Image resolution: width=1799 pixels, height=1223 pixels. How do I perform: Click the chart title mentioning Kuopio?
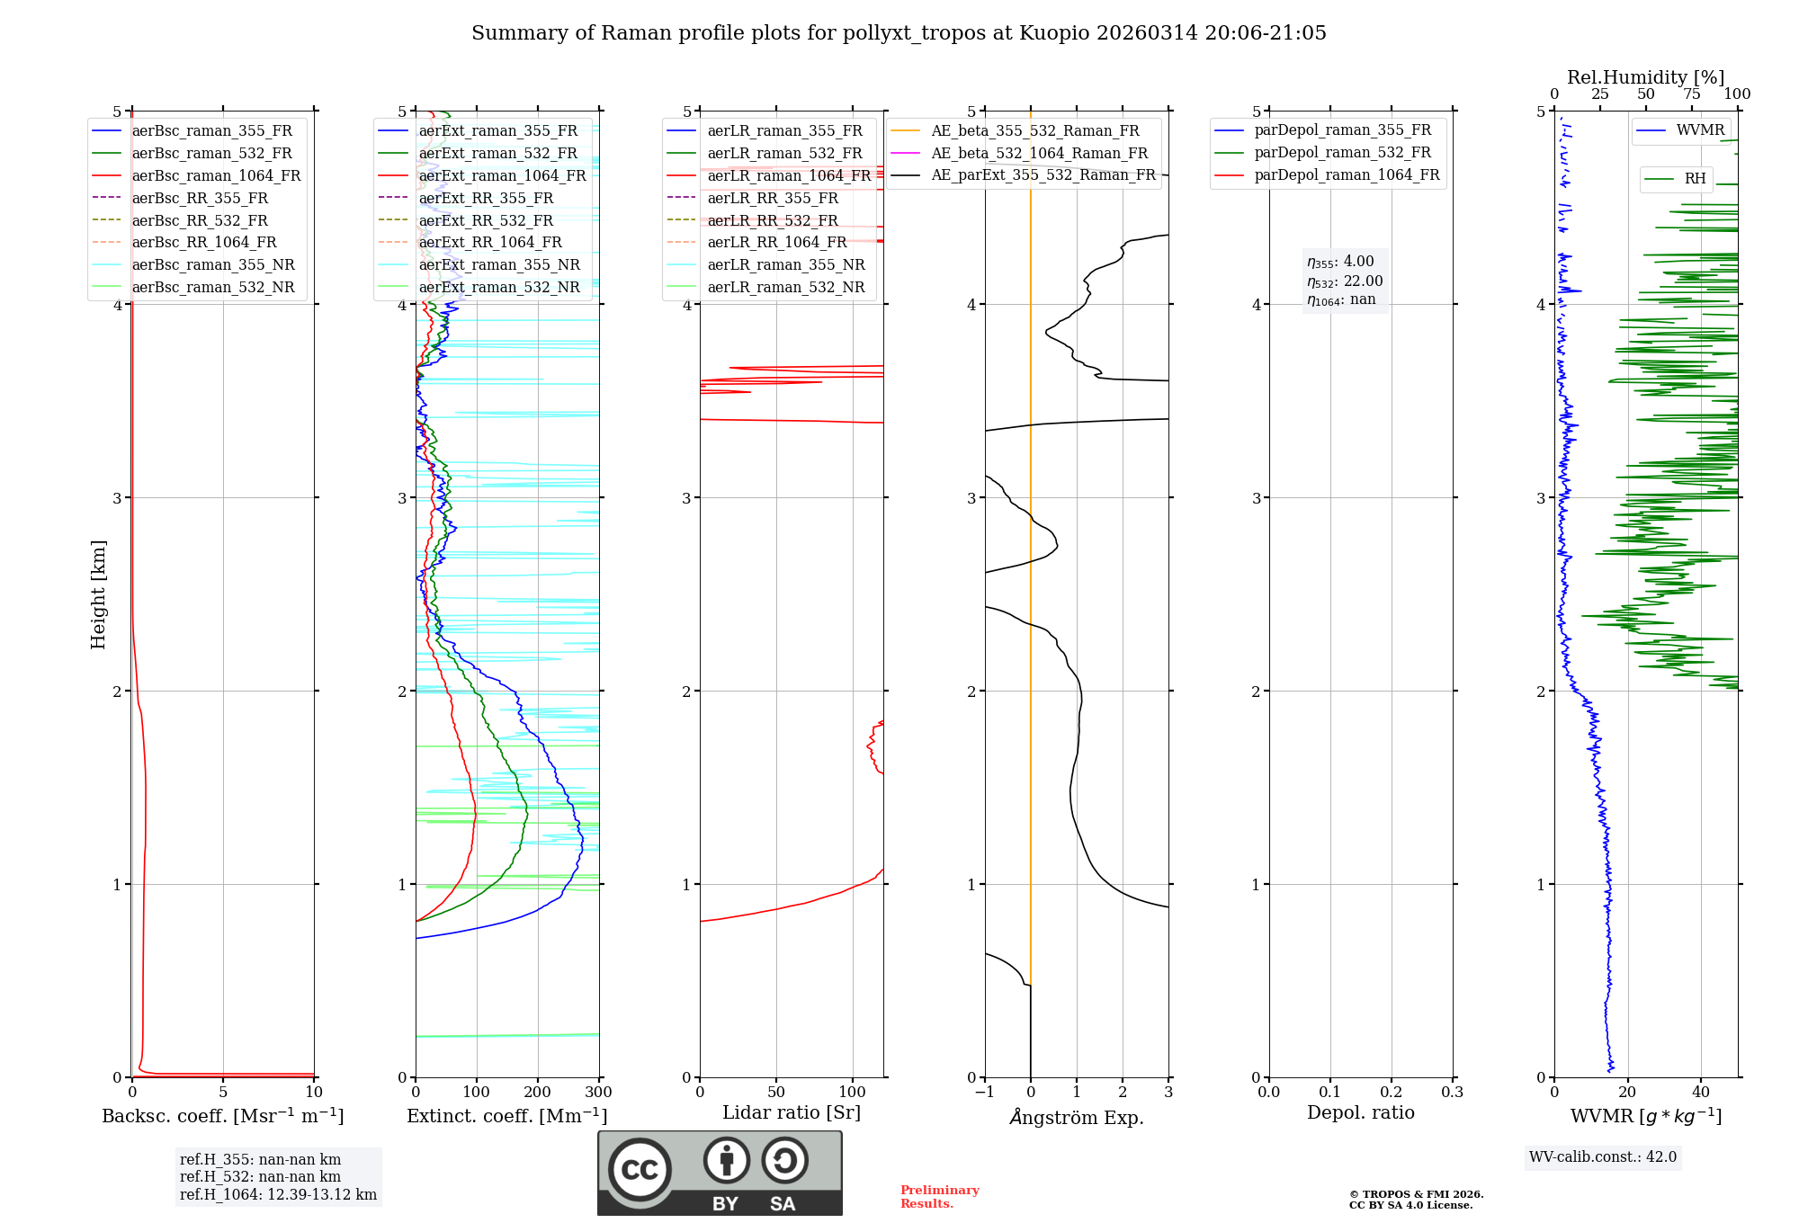pos(899,33)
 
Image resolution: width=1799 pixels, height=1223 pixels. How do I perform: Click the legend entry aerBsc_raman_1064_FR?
pos(216,175)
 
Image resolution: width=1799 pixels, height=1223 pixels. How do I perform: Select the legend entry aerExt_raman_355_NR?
pos(499,264)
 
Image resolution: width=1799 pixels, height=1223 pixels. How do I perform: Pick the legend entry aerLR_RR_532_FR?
pos(772,220)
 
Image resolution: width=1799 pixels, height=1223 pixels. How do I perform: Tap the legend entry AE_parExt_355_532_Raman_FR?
pos(1043,174)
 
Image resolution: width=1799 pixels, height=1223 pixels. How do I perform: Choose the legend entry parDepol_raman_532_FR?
pos(1342,153)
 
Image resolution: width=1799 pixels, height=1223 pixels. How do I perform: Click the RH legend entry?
pos(1695,179)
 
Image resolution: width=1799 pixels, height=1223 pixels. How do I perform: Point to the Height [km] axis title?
pos(98,594)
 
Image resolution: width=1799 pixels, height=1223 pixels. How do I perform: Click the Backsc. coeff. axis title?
pos(223,1116)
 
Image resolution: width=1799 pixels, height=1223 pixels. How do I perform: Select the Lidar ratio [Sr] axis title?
pos(792,1112)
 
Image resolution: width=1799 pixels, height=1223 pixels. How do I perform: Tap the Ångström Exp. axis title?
pos(1077,1118)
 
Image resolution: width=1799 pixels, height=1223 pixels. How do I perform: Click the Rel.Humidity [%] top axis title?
pos(1645,77)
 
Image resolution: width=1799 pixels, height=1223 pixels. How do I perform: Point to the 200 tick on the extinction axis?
pos(537,1093)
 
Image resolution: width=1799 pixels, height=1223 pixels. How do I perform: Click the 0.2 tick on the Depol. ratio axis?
pos(1391,1093)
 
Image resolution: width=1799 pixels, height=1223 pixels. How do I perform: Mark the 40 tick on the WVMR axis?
pos(1700,1093)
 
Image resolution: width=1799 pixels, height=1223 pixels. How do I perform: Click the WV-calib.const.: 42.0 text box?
pos(1603,1156)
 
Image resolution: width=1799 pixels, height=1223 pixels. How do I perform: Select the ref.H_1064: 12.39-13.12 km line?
pos(278,1194)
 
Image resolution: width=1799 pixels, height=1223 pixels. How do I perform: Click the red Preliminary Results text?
pos(939,1196)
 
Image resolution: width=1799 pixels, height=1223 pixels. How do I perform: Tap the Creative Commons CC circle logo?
pos(640,1169)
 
